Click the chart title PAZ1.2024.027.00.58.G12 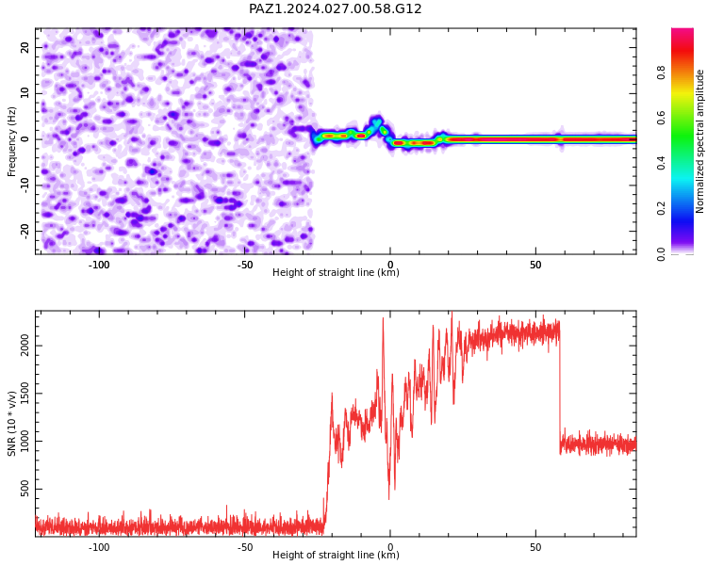coord(335,8)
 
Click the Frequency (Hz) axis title coord(11,141)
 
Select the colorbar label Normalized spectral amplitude coord(699,141)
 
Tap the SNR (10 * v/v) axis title coord(11,424)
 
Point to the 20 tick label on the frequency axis coord(25,47)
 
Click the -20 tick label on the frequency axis coord(25,231)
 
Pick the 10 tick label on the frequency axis coord(25,93)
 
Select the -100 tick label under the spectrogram coord(99,265)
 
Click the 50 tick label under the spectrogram coord(535,265)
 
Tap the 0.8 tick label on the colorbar coord(662,73)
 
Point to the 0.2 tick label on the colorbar coord(662,208)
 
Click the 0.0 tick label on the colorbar coord(662,254)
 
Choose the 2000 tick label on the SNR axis coord(25,346)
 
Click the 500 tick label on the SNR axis coord(25,489)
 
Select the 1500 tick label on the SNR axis coord(25,393)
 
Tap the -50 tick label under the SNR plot coord(244,547)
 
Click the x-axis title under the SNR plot coord(336,555)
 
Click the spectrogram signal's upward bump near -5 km coord(376,121)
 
